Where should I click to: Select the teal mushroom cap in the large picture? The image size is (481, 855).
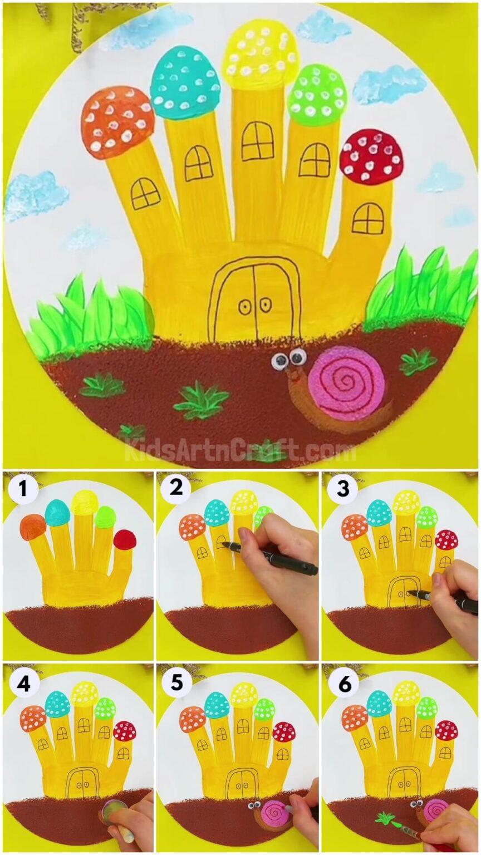[x=185, y=82]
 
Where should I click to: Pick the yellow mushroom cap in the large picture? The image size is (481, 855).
[x=261, y=52]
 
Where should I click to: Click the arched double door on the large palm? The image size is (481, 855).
[x=254, y=300]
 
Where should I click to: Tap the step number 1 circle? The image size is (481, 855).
[x=23, y=489]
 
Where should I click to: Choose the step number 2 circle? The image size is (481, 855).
[x=176, y=488]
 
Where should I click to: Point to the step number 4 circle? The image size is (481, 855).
[x=23, y=683]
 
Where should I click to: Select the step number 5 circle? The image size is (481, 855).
[x=177, y=682]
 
